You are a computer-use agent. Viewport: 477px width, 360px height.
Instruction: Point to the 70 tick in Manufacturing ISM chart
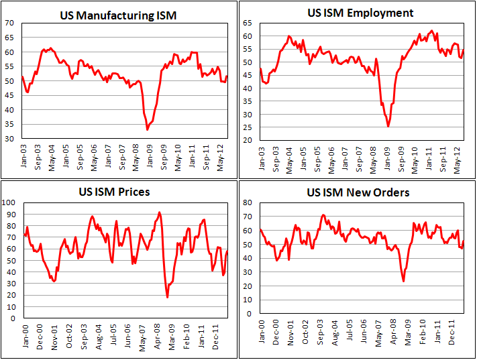click(x=10, y=23)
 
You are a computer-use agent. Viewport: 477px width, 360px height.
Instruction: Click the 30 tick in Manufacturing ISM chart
click(x=10, y=139)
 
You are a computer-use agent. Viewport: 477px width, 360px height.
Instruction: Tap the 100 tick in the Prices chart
click(x=8, y=202)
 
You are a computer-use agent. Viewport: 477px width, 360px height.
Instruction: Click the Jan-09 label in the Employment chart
click(x=388, y=158)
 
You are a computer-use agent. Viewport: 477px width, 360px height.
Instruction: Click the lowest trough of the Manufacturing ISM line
click(x=148, y=129)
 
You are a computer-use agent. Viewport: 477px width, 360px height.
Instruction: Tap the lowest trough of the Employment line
click(x=388, y=126)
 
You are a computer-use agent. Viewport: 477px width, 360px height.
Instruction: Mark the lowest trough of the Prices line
click(x=168, y=297)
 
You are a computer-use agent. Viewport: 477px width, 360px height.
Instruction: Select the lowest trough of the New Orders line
click(x=403, y=281)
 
